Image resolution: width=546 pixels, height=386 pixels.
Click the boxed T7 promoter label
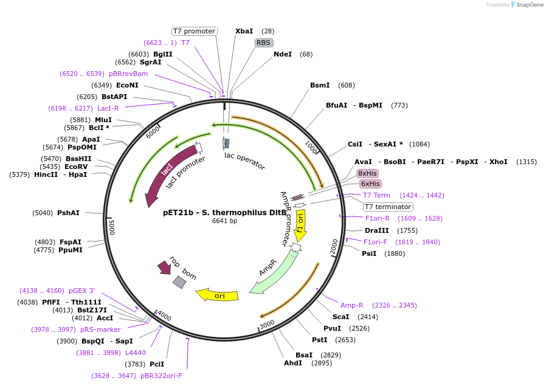click(194, 31)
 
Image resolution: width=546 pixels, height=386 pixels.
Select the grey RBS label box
click(263, 43)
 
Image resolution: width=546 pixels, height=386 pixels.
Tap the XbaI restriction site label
click(244, 31)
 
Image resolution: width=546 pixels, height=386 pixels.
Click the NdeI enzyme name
click(283, 54)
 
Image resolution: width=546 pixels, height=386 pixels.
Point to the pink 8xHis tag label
click(368, 173)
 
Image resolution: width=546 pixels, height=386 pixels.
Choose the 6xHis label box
click(370, 184)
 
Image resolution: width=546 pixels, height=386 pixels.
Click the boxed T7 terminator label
click(388, 207)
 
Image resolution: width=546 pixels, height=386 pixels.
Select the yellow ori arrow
click(217, 295)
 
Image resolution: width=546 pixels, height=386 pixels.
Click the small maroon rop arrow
click(164, 267)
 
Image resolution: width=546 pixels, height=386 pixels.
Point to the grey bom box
click(179, 282)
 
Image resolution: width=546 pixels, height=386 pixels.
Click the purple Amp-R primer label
click(352, 305)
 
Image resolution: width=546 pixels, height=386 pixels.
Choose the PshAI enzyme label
click(68, 213)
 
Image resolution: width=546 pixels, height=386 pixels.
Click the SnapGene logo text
click(530, 5)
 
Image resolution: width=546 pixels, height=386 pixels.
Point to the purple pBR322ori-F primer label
click(161, 376)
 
